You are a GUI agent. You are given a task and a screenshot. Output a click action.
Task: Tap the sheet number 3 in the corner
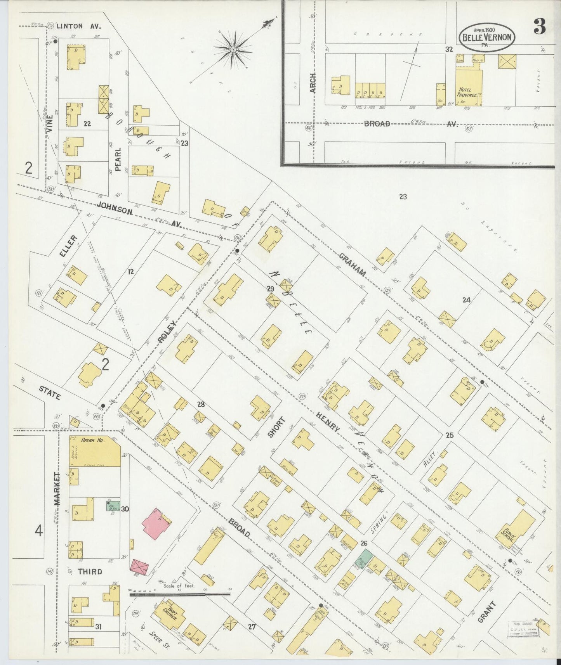pos(540,26)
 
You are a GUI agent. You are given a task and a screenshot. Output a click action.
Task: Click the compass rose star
pos(233,50)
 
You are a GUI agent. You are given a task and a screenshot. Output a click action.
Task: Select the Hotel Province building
pos(469,88)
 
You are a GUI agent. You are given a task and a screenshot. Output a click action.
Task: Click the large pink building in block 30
pos(156,523)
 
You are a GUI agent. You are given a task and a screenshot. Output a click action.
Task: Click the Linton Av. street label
pos(78,26)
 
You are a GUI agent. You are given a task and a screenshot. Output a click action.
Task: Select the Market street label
pos(57,488)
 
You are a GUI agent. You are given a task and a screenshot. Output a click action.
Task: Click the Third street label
pos(90,571)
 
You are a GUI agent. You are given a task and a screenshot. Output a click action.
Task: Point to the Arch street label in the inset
pos(313,83)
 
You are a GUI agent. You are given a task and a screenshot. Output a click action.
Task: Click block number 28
pos(201,405)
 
